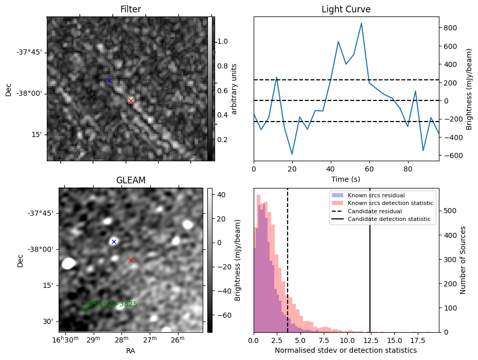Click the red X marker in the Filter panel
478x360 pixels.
coord(131,100)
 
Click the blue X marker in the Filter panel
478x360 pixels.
coord(109,81)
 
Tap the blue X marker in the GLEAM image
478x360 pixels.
coord(114,242)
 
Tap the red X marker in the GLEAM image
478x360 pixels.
coord(131,260)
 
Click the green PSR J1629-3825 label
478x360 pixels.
coord(110,304)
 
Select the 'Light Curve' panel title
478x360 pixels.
coord(346,9)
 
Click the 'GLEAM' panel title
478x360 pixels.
coord(130,180)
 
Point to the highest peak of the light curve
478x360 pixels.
coord(362,23)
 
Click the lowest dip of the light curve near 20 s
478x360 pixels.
coord(292,154)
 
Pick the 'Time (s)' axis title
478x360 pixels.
coord(346,178)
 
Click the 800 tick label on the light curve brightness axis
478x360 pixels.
coord(451,28)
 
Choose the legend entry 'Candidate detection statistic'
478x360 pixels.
coord(391,219)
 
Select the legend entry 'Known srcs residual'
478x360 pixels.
coord(376,195)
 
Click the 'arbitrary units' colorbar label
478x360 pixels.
coord(234,89)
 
